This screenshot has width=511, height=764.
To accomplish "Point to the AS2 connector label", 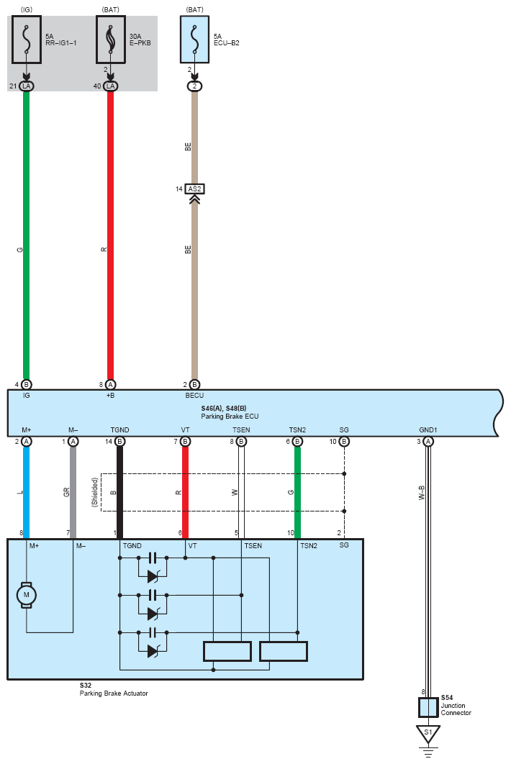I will (x=194, y=189).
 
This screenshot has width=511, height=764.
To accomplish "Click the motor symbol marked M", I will (x=27, y=595).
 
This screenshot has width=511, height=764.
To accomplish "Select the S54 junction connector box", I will (x=428, y=707).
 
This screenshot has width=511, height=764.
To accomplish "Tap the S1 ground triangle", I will (x=428, y=735).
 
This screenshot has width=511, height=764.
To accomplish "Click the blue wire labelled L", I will (x=27, y=492).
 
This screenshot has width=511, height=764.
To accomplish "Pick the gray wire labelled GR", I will (x=73, y=492).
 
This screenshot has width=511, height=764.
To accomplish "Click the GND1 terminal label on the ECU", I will (x=428, y=430).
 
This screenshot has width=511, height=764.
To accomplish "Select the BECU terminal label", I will (x=194, y=395).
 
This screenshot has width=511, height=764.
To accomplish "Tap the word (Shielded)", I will (x=94, y=493).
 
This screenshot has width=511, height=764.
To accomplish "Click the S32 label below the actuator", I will (x=86, y=686).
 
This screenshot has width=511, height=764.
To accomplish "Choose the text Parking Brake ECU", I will (x=230, y=416).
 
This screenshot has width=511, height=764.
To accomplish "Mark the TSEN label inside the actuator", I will (x=253, y=546).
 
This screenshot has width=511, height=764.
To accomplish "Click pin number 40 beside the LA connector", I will (x=97, y=86).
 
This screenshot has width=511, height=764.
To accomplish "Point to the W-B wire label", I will (x=422, y=493).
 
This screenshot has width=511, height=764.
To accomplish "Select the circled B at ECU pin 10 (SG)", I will (x=344, y=441).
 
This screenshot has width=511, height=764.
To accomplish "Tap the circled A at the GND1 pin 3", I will (x=428, y=441).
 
